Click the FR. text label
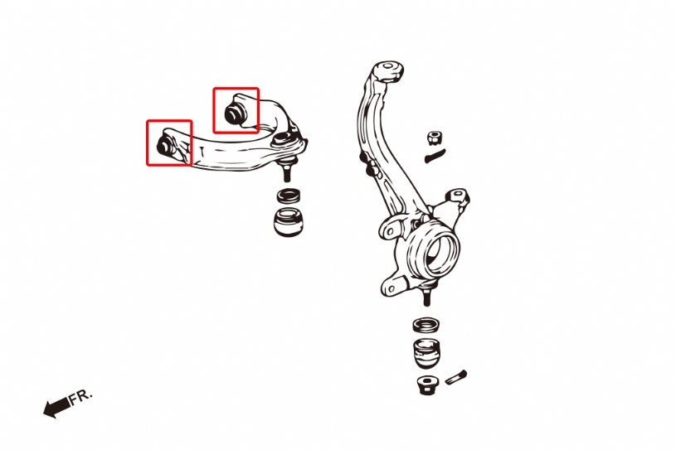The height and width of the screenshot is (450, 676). point(81,396)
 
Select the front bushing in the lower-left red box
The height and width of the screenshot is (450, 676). point(165,145)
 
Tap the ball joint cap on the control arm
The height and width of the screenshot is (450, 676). point(281,138)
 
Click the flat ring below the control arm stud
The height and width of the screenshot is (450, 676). point(289,196)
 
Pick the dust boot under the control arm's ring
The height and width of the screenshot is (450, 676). point(289,221)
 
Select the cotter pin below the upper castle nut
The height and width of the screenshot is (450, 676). point(435,156)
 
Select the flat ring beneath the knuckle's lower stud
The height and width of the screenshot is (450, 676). point(426,325)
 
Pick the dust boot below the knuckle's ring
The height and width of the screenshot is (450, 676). point(427,354)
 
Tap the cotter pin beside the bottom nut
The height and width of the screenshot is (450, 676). point(455,377)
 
